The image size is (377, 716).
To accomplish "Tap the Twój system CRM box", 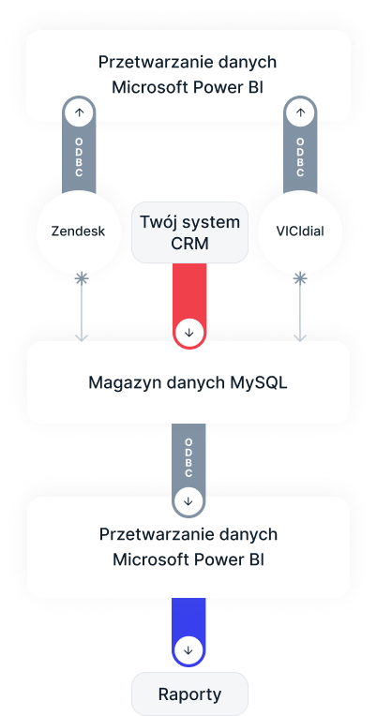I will [188, 233].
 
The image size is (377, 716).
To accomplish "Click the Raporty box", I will [188, 694].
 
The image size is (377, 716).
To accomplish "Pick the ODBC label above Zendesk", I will [79, 154].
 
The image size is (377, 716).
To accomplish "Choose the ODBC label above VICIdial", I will [299, 154].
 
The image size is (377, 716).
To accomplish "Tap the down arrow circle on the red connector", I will [188, 332].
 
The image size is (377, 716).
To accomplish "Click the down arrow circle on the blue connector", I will [188, 649].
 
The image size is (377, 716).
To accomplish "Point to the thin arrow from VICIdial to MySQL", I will [299, 309].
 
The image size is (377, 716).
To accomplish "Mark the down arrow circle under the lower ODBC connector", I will [188, 500].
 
